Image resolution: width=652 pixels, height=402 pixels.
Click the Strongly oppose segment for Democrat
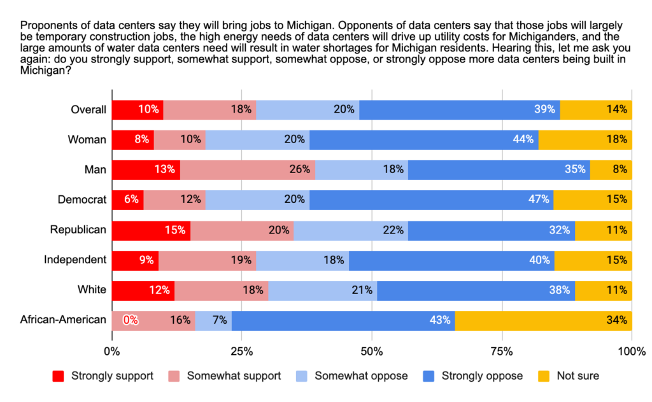(x=431, y=200)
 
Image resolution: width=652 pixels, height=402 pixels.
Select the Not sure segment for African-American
(x=543, y=320)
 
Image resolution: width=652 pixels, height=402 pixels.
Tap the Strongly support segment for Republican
(x=151, y=230)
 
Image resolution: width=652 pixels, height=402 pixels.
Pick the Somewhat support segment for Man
(x=248, y=170)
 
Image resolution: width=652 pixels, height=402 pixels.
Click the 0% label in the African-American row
(x=131, y=320)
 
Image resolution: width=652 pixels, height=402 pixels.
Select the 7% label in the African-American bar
(x=220, y=320)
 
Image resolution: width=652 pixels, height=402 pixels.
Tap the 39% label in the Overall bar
(x=544, y=109)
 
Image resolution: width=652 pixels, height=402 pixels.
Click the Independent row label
(x=74, y=260)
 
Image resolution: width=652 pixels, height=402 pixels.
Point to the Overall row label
(x=89, y=109)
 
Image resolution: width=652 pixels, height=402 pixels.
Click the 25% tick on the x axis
(x=241, y=351)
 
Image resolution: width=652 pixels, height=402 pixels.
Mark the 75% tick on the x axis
(x=502, y=351)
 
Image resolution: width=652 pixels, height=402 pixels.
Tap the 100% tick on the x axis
(x=632, y=351)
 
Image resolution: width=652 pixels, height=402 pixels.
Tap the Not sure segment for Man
(x=611, y=170)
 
